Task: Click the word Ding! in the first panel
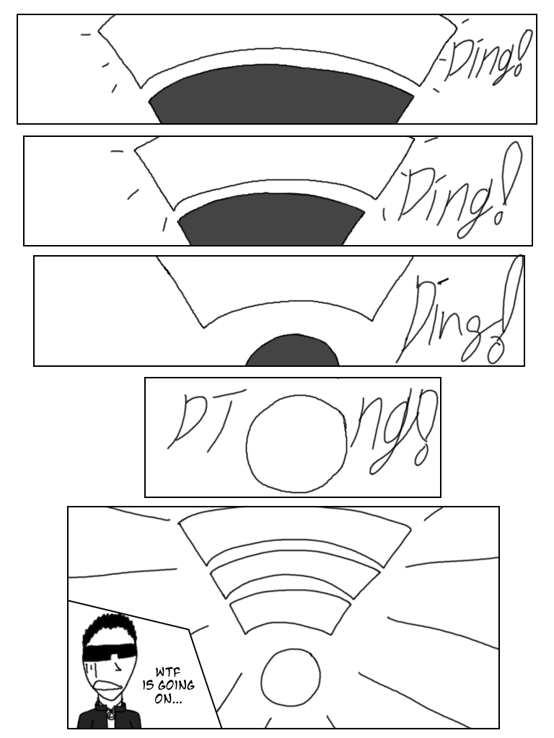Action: (485, 59)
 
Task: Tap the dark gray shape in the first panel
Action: (281, 94)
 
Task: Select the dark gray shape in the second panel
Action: (271, 219)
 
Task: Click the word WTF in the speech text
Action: (168, 673)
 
